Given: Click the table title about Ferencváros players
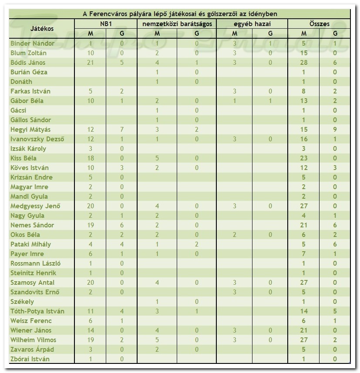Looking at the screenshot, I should [179, 14].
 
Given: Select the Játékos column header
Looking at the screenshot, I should [42, 28].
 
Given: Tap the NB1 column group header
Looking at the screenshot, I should [106, 24].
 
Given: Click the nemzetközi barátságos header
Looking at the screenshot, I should [177, 24].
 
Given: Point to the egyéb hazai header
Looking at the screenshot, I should [252, 24].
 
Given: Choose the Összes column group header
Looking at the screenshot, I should [319, 24].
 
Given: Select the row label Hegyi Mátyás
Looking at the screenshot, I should [30, 130].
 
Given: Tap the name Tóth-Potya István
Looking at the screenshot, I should [37, 311].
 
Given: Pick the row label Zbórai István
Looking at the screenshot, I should [30, 359].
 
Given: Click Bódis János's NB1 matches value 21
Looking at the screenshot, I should [91, 63].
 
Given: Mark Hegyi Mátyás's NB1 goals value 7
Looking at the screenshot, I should [122, 130].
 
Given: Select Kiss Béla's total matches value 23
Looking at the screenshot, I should [304, 158].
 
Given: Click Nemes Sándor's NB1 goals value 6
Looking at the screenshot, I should [122, 225].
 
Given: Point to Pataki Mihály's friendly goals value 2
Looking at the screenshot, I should [197, 244].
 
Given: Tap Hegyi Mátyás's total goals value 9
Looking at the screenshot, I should [335, 130].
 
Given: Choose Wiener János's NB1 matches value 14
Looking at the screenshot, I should [91, 330].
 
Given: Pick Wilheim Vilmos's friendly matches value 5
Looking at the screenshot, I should [157, 340].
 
